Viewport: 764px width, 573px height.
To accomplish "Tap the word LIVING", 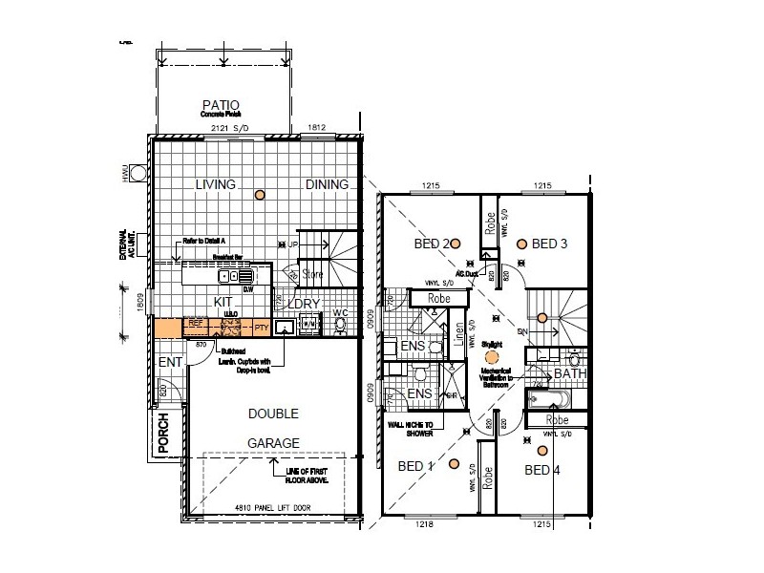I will pos(216,184).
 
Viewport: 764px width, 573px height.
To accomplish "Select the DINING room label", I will pos(328,184).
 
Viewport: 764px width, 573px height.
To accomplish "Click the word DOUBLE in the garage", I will pos(274,414).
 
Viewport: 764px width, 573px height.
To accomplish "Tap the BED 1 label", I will pos(416,465).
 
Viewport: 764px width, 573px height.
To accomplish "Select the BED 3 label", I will pos(550,244).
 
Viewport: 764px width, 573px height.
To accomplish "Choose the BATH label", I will pos(570,373).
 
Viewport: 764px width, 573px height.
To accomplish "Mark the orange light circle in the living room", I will pos(259,196).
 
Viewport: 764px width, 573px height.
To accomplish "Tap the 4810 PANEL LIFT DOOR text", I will pos(275,508).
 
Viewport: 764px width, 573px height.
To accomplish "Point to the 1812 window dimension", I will pos(316,128).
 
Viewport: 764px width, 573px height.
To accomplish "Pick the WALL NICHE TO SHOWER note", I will pos(410,427).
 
